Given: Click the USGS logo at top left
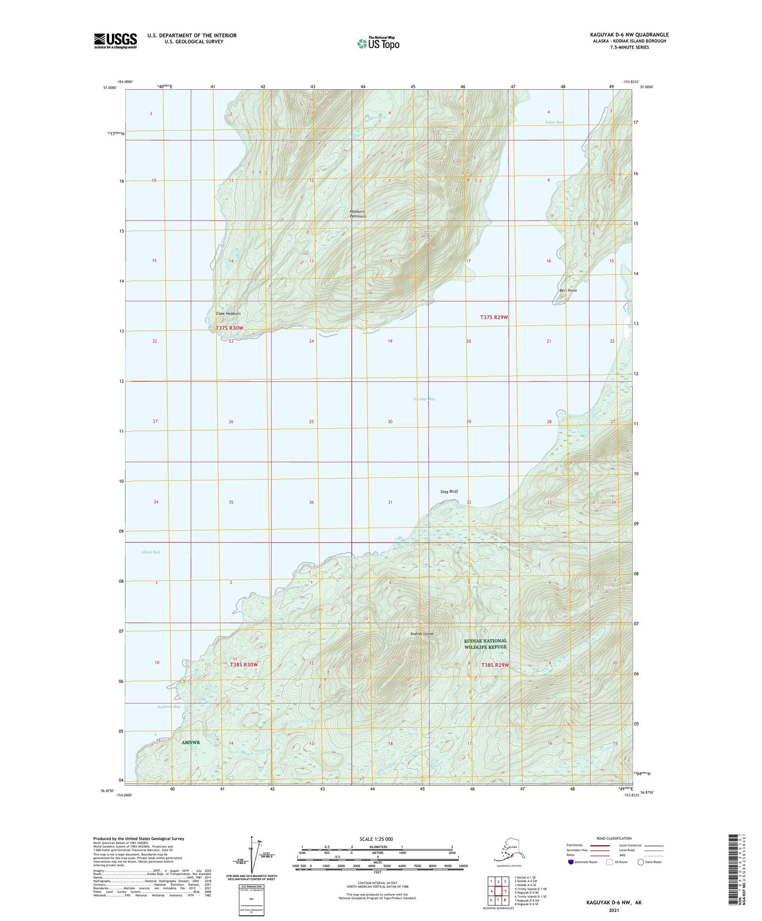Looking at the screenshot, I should point(115,41).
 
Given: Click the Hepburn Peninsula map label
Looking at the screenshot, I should point(358,214).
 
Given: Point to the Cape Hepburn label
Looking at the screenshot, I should point(228,314).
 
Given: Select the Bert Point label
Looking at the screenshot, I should point(568,291).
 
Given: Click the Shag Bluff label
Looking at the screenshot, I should point(449,492).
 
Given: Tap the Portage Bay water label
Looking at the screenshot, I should point(425,399).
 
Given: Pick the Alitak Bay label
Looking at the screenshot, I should point(150,552).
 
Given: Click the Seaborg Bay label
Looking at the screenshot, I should point(169,706).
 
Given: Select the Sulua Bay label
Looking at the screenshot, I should point(554,122).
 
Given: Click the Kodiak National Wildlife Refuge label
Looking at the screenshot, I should point(485,644).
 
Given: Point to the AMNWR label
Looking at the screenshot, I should point(191,742).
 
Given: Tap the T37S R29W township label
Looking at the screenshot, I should point(494,317).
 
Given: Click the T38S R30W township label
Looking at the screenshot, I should point(244,665).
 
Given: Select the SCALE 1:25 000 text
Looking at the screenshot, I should point(376,839).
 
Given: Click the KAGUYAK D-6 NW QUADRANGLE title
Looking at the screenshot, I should point(629,35).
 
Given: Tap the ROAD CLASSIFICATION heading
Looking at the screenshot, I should point(614,838).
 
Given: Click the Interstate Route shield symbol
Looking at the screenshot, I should point(571,862).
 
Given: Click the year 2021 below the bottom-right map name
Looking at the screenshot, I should point(613,910).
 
